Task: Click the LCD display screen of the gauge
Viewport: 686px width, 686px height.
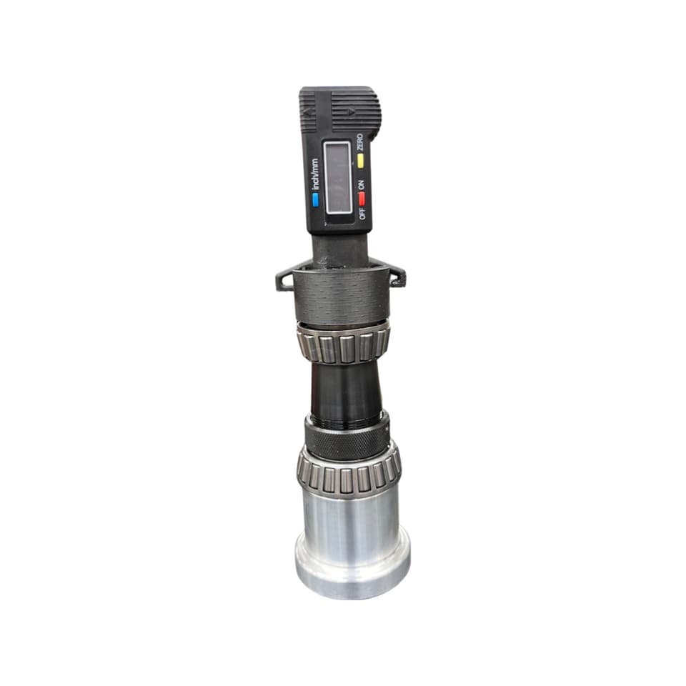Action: pos(338,177)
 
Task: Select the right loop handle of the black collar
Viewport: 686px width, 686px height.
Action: pos(397,275)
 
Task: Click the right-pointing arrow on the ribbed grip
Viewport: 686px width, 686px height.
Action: pos(351,112)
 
